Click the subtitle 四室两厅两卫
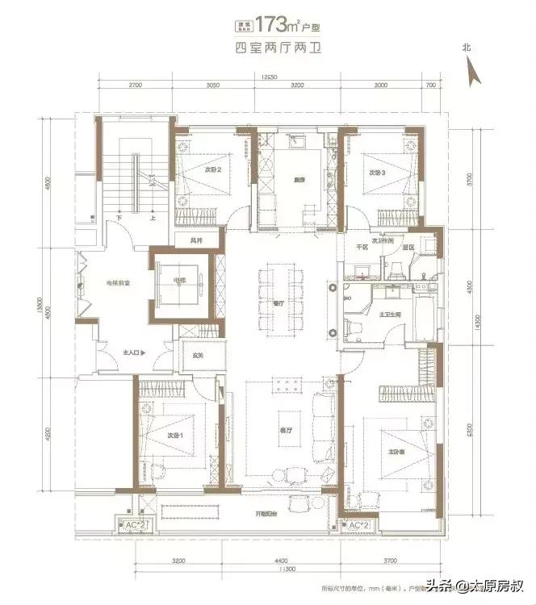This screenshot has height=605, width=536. pyautogui.click(x=269, y=47)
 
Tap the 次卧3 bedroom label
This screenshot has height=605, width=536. pyautogui.click(x=379, y=173)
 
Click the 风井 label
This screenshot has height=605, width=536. pyautogui.click(x=195, y=240)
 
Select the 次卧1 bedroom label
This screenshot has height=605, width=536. pyautogui.click(x=172, y=435)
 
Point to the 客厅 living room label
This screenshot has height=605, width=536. pyautogui.click(x=283, y=430)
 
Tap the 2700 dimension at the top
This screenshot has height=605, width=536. pyautogui.click(x=135, y=85)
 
